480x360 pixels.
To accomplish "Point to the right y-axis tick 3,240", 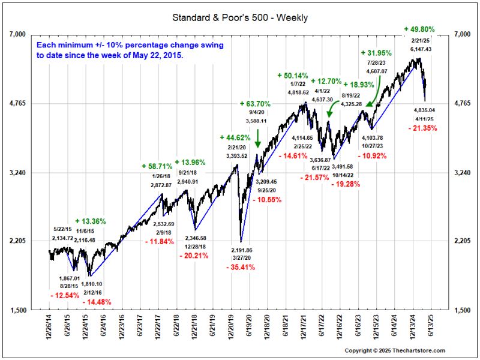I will point(466,173).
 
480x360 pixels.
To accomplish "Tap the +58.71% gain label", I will point(157,166).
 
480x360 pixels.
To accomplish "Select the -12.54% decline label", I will point(64,294).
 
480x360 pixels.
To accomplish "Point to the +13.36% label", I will point(91,221).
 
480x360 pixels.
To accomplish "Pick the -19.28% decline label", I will point(346,184).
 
